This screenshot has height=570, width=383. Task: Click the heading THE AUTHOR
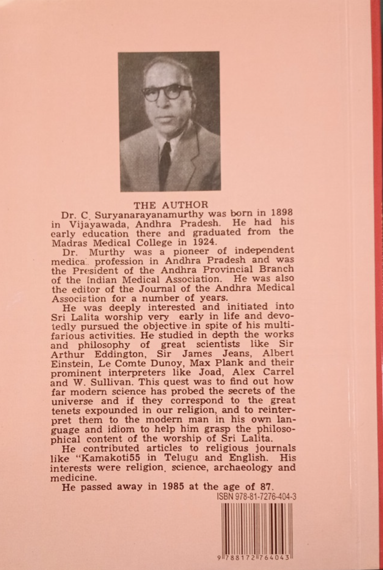171,205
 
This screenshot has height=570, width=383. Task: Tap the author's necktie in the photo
165,161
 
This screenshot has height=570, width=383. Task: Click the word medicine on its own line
72,477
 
